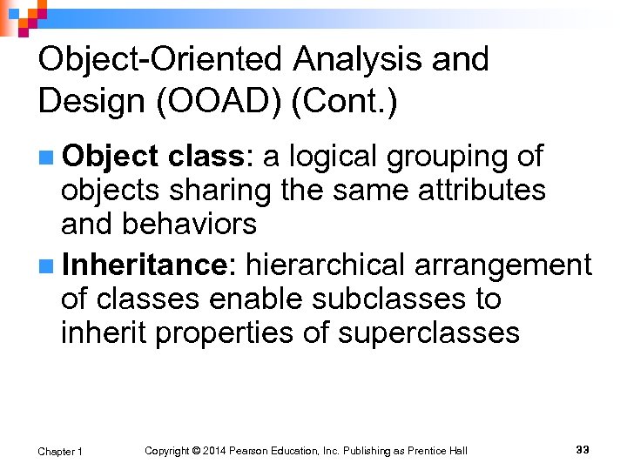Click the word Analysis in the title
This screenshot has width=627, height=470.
362,60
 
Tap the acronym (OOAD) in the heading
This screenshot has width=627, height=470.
218,102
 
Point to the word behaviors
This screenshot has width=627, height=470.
190,224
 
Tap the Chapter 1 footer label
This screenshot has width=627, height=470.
61,451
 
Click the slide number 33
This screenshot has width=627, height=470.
583,449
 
